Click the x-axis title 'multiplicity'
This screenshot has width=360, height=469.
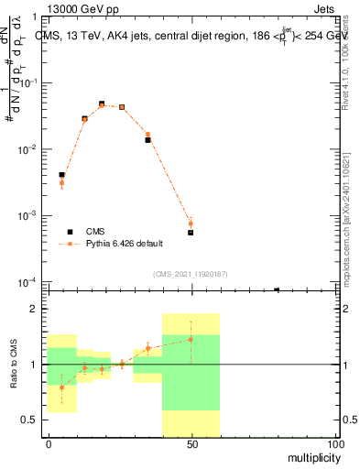[309, 455]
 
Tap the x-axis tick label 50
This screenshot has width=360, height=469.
[191, 442]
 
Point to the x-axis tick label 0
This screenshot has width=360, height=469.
[49, 442]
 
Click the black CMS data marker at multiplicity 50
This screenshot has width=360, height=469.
[191, 233]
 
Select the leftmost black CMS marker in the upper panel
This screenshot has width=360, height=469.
[61, 174]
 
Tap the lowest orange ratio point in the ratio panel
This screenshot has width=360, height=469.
[61, 387]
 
